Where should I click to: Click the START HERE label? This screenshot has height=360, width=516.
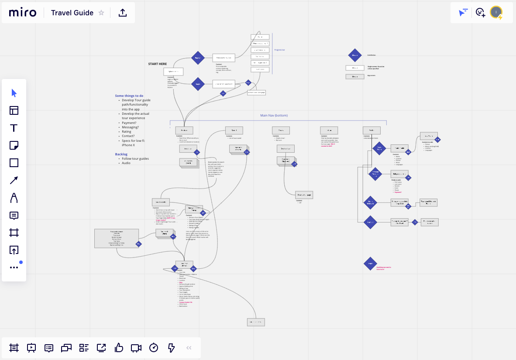[x=157, y=64]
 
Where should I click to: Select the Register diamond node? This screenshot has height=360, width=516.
[x=198, y=58]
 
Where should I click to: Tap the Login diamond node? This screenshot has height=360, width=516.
[x=198, y=84]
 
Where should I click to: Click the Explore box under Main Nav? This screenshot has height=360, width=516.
[x=184, y=130]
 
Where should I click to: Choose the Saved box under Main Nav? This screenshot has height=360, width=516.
[x=234, y=130]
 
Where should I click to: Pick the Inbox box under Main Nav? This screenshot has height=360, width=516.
[x=329, y=130]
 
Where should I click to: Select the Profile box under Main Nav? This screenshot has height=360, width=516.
[x=372, y=130]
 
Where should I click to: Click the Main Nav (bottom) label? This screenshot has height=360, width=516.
[x=274, y=115]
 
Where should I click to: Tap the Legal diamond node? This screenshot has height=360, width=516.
[x=370, y=264]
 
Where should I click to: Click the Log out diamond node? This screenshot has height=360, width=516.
[x=370, y=222]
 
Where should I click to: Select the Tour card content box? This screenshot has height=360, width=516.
[x=117, y=238]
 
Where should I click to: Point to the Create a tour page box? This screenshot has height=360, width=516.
[x=304, y=195]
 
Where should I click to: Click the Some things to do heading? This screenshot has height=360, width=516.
[x=129, y=96]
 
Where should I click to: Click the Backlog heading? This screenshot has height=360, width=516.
[x=121, y=154]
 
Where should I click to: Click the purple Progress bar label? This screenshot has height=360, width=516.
[x=280, y=50]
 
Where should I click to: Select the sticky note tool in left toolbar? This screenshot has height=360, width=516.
[x=14, y=145]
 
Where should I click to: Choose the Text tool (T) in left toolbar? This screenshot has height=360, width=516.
[x=14, y=128]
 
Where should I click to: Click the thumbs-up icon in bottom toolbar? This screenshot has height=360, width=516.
[x=119, y=348]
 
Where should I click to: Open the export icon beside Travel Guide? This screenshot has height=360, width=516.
[x=123, y=13]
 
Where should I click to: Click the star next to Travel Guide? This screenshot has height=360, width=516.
[x=101, y=13]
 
